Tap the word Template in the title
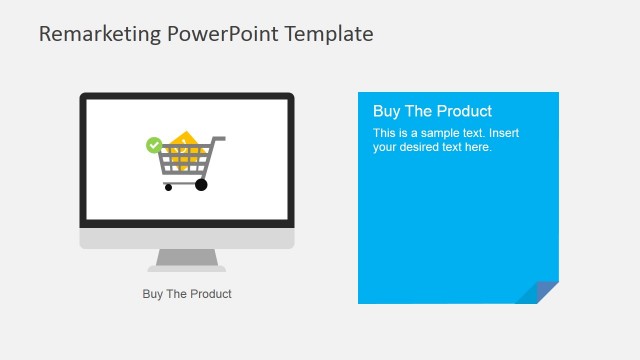(x=330, y=34)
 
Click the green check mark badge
(x=153, y=145)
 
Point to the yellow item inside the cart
(x=183, y=142)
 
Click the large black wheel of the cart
(x=201, y=184)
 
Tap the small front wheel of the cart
(x=168, y=187)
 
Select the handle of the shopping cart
(x=218, y=138)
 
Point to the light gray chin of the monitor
(x=187, y=239)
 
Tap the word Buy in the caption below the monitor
(x=153, y=294)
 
